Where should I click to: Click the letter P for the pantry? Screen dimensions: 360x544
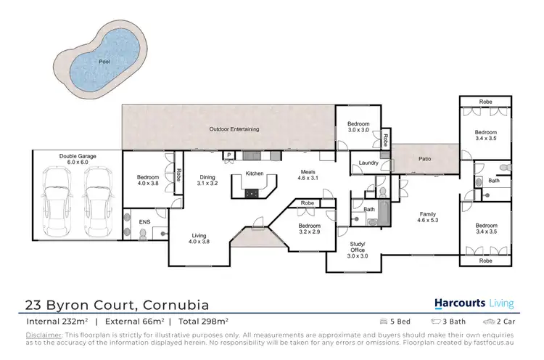point(228,155)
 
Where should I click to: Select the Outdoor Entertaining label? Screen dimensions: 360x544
point(234,129)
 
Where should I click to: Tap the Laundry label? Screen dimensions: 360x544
point(368,163)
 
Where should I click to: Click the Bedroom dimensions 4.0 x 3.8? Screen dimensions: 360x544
point(148,183)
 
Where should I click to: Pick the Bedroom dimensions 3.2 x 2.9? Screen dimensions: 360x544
point(309,233)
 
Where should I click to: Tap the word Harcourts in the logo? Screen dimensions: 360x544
point(459,303)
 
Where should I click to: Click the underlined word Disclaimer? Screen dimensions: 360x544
point(44,335)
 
